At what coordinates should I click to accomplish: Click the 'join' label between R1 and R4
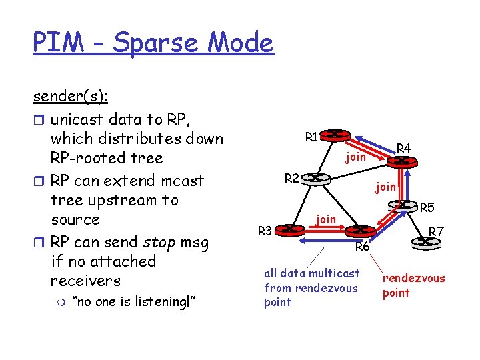pyautogui.click(x=355, y=157)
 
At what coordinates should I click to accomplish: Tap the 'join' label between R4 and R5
pyautogui.click(x=385, y=187)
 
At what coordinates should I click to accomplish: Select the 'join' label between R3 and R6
pyautogui.click(x=325, y=218)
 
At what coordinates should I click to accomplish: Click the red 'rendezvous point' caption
pyautogui.click(x=413, y=285)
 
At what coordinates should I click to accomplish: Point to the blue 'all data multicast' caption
pyautogui.click(x=311, y=273)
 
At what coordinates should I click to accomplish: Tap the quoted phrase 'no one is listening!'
pyautogui.click(x=133, y=303)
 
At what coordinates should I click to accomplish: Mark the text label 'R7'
pyautogui.click(x=436, y=231)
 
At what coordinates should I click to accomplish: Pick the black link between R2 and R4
pyautogui.click(x=360, y=170)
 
